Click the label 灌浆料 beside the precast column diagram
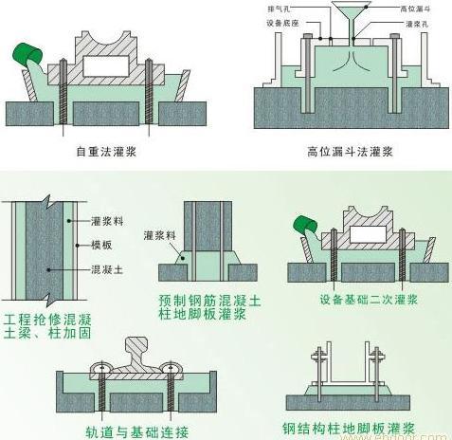pyautogui.click(x=156, y=234)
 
